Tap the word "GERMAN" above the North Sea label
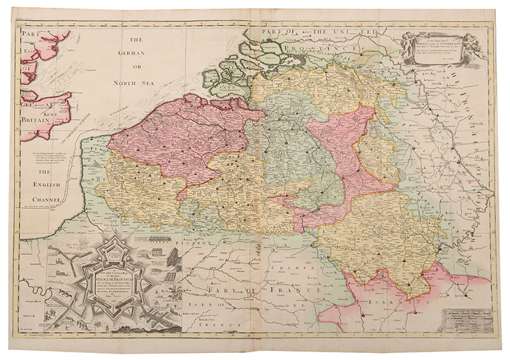coord(136,53)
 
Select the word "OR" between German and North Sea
coord(136,68)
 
